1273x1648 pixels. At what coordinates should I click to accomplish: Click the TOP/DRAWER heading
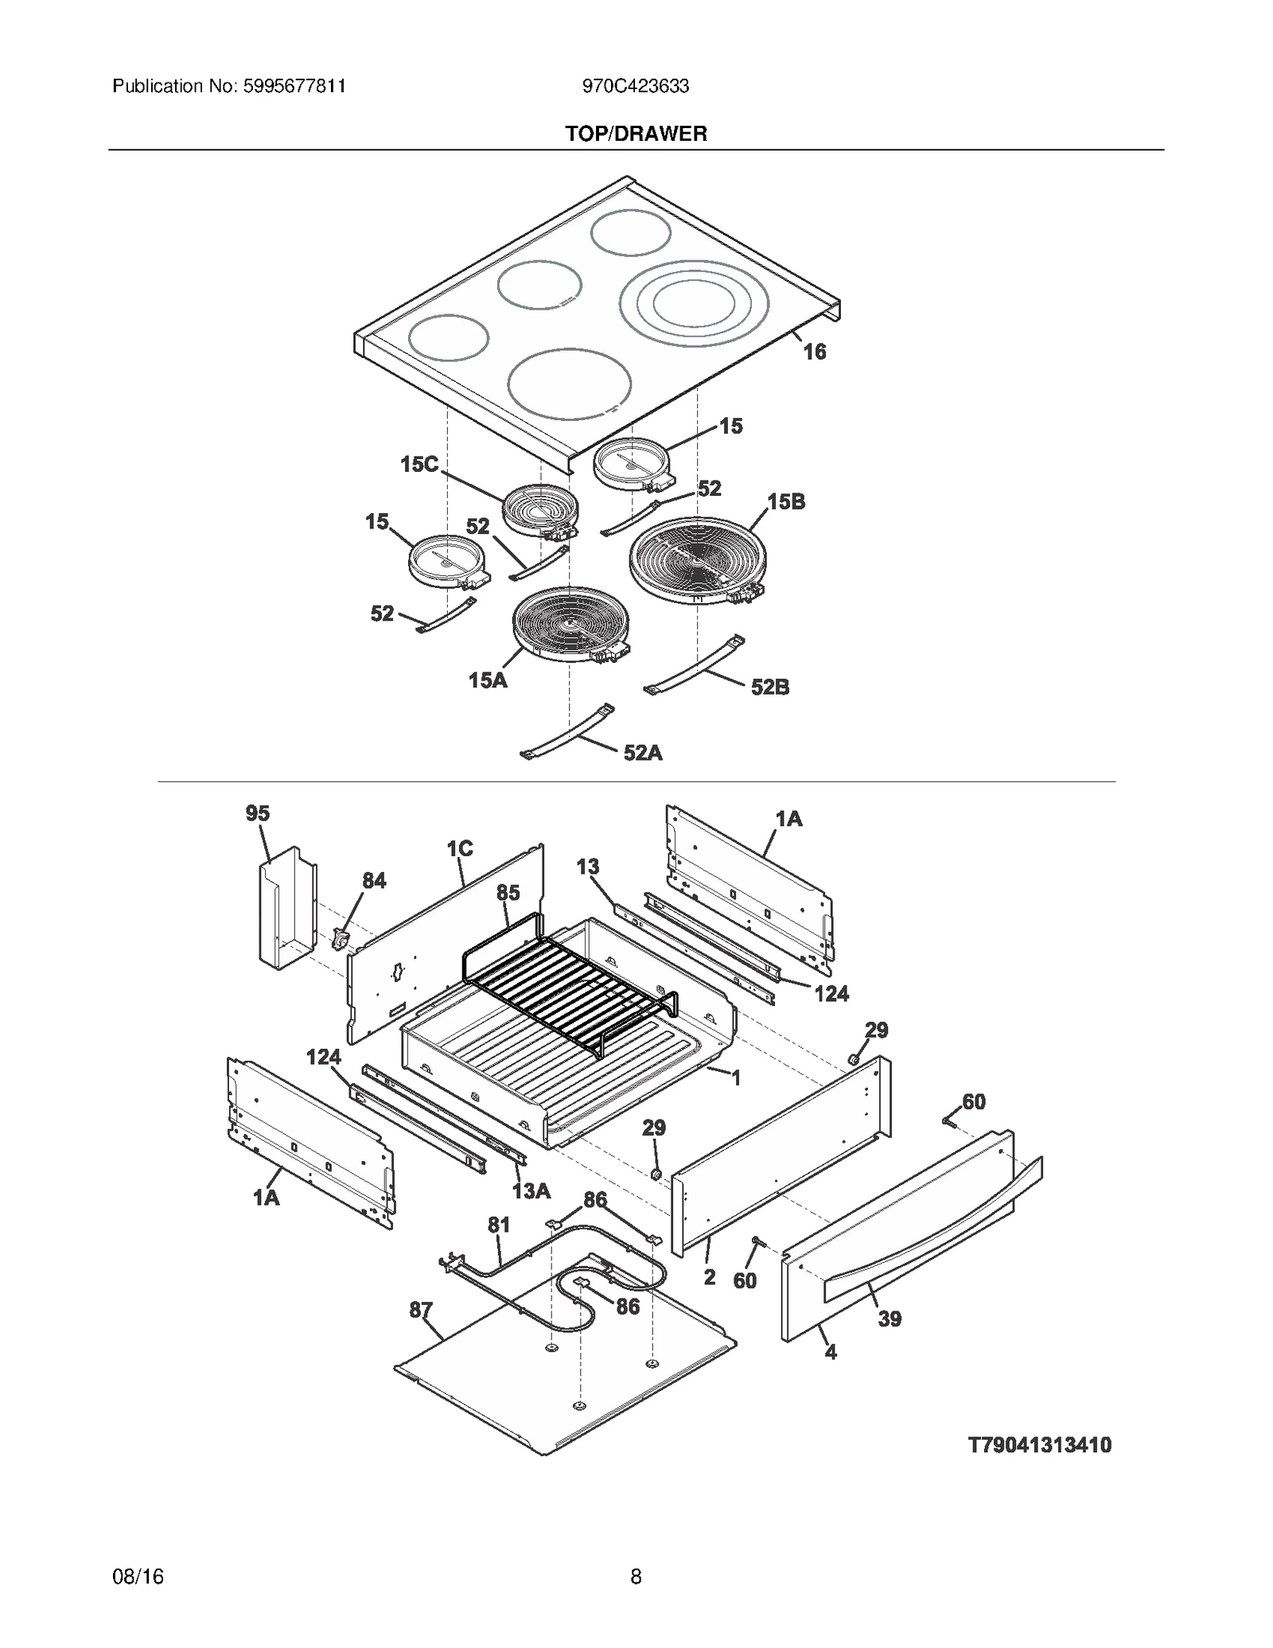pyautogui.click(x=636, y=134)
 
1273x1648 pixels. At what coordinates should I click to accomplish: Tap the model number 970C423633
pyautogui.click(x=635, y=86)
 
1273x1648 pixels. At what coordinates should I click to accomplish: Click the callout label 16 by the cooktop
pyautogui.click(x=814, y=352)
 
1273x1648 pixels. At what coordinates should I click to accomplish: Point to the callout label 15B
pyautogui.click(x=785, y=501)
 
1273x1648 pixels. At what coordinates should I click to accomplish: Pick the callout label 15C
pyautogui.click(x=419, y=464)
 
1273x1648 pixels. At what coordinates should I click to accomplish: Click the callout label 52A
pyautogui.click(x=642, y=753)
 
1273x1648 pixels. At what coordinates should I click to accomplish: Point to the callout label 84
pyautogui.click(x=374, y=880)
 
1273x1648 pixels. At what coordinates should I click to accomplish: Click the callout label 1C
pyautogui.click(x=459, y=849)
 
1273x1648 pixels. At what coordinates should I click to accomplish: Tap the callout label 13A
pyautogui.click(x=531, y=1190)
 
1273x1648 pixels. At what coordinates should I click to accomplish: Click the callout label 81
pyautogui.click(x=498, y=1225)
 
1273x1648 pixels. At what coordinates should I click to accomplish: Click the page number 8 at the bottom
pyautogui.click(x=636, y=1576)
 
